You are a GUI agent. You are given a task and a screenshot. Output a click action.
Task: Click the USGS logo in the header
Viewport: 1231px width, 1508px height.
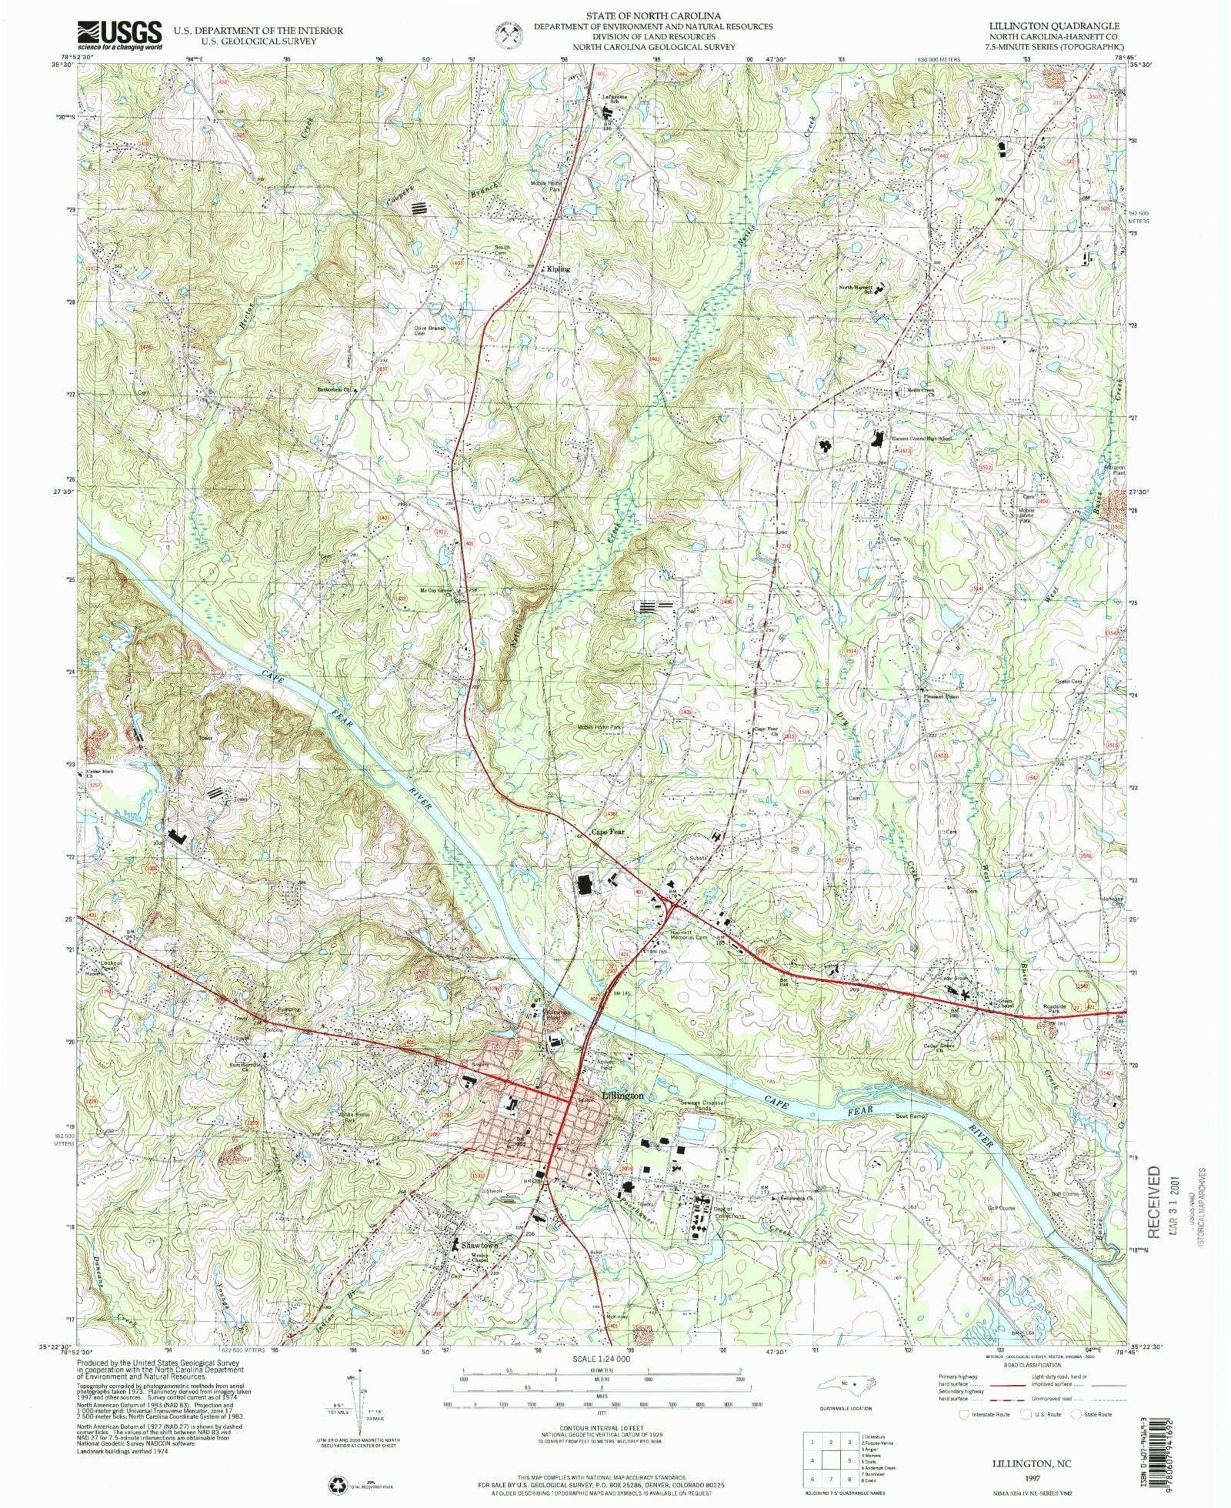pos(120,35)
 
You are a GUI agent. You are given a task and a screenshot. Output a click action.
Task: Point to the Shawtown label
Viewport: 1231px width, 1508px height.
pos(479,1245)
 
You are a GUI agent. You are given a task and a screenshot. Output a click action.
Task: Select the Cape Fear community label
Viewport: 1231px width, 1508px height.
pos(608,832)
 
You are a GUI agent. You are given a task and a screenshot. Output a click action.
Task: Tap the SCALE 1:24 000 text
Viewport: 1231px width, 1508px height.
pos(601,1359)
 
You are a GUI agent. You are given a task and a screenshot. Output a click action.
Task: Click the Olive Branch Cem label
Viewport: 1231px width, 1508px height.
pos(430,331)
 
